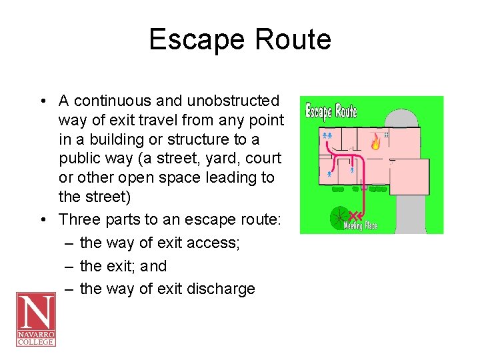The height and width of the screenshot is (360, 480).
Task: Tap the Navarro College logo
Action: [x=35, y=319]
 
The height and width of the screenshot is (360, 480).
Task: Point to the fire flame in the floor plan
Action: [x=376, y=142]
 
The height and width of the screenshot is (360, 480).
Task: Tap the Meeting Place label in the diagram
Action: [x=361, y=226]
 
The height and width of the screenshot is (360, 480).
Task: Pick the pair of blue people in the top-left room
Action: [x=327, y=135]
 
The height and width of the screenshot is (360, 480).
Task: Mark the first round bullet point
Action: [x=42, y=101]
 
